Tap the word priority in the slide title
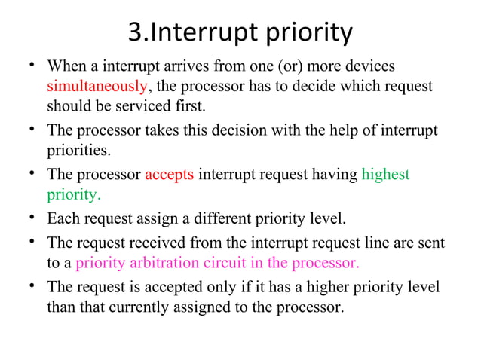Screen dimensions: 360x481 coord(309,32)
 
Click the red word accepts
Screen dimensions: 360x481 coord(170,175)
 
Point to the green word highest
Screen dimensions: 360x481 coord(385,175)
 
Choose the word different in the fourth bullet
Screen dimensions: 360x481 coord(208,219)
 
